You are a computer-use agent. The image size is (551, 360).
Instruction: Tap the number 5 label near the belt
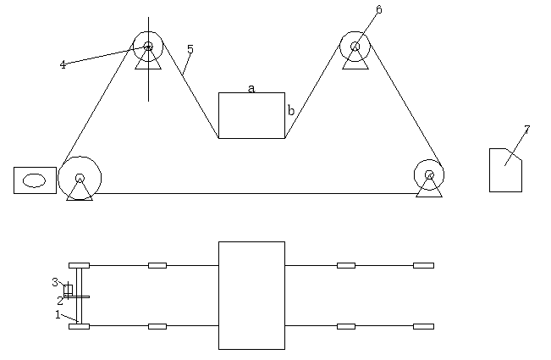click(x=190, y=50)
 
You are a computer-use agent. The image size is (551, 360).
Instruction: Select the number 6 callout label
click(x=378, y=10)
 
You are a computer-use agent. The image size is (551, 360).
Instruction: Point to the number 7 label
click(x=526, y=130)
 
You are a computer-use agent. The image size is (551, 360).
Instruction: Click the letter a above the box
click(x=251, y=87)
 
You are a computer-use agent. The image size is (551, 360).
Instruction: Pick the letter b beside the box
click(x=291, y=110)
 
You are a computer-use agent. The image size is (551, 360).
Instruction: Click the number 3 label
click(x=55, y=282)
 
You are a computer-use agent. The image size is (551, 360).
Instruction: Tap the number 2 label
click(x=60, y=300)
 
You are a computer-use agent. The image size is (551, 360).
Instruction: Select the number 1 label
click(x=58, y=314)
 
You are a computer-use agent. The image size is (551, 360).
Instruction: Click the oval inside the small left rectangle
click(x=35, y=180)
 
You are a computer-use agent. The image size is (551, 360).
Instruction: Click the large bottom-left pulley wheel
click(x=80, y=178)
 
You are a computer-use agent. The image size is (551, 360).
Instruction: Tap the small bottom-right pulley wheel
click(x=429, y=175)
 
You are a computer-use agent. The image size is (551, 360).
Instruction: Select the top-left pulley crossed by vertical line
click(x=148, y=47)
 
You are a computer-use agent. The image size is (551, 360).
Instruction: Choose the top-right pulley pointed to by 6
click(x=355, y=47)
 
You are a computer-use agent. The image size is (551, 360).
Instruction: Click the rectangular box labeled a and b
click(x=251, y=116)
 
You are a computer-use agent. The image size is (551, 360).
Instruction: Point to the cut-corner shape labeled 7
click(x=505, y=170)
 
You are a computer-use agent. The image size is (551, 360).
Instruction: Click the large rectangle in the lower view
click(x=251, y=295)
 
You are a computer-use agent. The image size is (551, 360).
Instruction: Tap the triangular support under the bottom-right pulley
click(x=429, y=190)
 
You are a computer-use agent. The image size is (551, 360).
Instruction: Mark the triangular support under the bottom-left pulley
click(x=80, y=193)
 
